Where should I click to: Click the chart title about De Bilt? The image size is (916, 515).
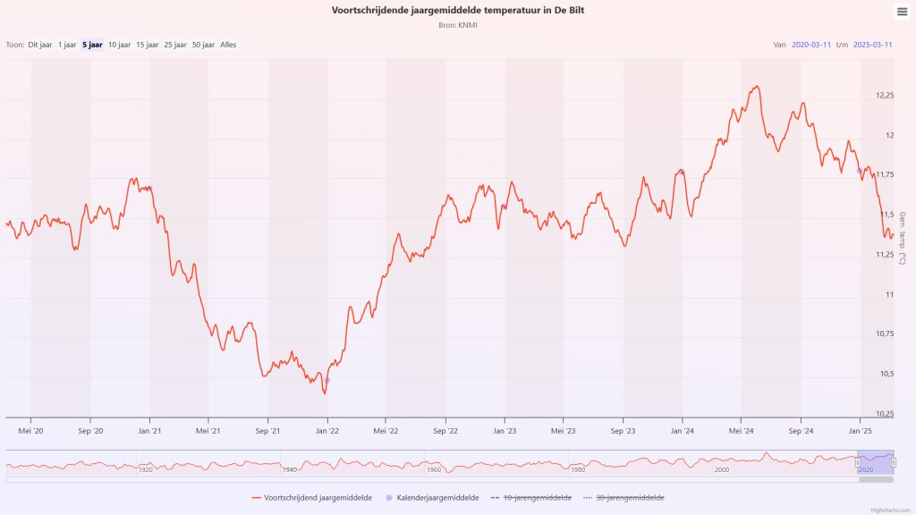pyautogui.click(x=458, y=11)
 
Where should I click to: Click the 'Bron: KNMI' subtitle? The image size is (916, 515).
pyautogui.click(x=458, y=25)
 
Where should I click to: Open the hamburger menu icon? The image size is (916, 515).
pyautogui.click(x=902, y=12)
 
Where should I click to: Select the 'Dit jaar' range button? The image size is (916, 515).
pyautogui.click(x=40, y=45)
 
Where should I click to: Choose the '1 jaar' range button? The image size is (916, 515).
pyautogui.click(x=67, y=45)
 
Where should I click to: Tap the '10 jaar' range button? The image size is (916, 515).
pyautogui.click(x=119, y=45)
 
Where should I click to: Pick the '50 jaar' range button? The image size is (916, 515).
pyautogui.click(x=203, y=45)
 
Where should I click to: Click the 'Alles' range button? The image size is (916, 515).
pyautogui.click(x=228, y=45)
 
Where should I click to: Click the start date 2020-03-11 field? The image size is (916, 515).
pyautogui.click(x=812, y=45)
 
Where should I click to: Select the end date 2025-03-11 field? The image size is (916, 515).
pyautogui.click(x=873, y=45)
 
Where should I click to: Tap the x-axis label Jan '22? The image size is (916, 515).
pyautogui.click(x=327, y=430)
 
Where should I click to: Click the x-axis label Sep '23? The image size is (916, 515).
pyautogui.click(x=623, y=430)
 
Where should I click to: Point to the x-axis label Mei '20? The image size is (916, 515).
pyautogui.click(x=31, y=430)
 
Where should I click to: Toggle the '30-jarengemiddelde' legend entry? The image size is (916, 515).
pyautogui.click(x=630, y=498)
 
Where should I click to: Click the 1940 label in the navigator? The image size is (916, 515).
pyautogui.click(x=290, y=469)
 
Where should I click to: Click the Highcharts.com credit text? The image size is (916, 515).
pyautogui.click(x=890, y=510)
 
